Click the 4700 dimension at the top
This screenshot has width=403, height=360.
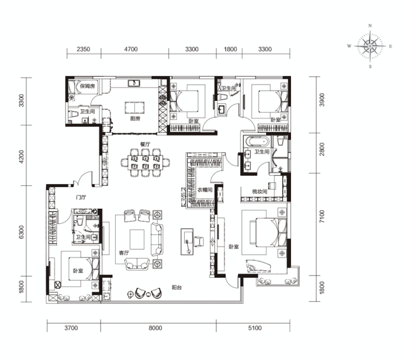click(x=131, y=49)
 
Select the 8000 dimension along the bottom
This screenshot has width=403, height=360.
click(x=155, y=328)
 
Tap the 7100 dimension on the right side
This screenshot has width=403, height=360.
click(x=322, y=217)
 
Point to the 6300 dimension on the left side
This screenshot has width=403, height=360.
click(x=21, y=232)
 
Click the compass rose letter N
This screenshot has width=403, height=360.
click(x=370, y=26)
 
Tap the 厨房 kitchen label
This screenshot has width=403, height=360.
click(x=135, y=119)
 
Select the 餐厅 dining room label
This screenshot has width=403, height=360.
click(x=145, y=144)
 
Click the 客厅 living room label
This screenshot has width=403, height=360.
click(x=124, y=253)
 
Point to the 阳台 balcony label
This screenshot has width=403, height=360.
click(x=177, y=287)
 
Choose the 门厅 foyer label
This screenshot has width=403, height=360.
click(x=81, y=197)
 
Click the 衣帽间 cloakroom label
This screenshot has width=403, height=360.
click(x=205, y=190)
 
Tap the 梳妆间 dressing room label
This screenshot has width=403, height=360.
click(x=260, y=191)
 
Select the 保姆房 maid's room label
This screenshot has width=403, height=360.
click(x=88, y=86)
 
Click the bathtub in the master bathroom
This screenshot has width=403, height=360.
click(x=257, y=142)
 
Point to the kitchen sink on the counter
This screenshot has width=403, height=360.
click(x=134, y=83)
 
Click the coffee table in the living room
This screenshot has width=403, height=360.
click(x=137, y=239)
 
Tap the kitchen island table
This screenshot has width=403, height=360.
click(x=135, y=107)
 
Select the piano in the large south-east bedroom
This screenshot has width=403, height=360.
click(x=258, y=266)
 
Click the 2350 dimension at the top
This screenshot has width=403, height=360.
click(x=83, y=49)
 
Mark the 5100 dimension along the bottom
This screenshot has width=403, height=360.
click(x=255, y=328)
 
